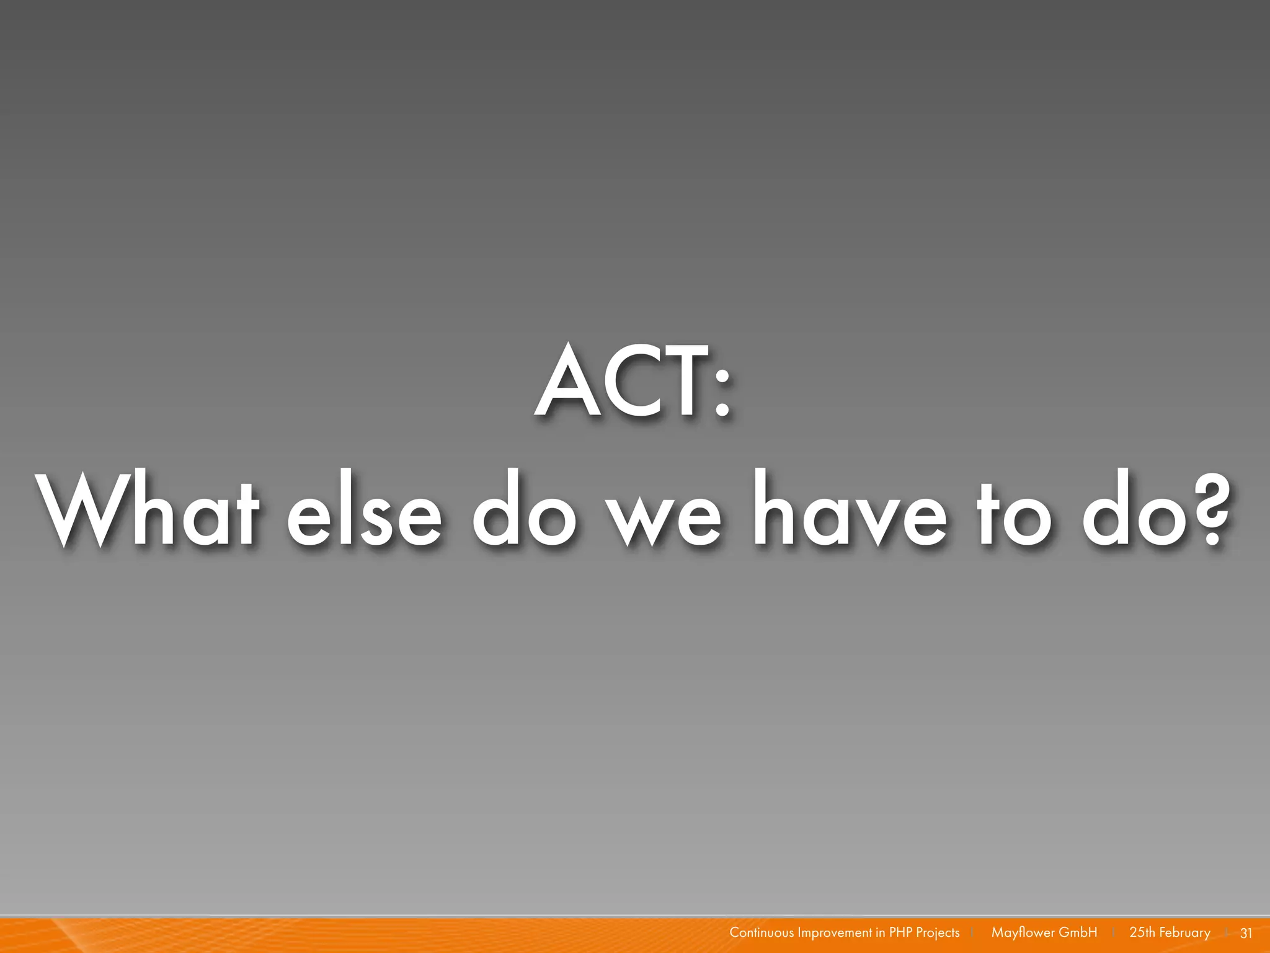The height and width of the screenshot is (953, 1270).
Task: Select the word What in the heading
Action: coord(148,512)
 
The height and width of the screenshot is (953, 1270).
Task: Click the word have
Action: coord(850,512)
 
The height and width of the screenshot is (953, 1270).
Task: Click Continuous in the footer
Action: coord(762,933)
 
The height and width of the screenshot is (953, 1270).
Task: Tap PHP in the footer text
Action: coord(901,933)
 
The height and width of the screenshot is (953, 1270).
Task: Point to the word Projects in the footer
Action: coord(938,933)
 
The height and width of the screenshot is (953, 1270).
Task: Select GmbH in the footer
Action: coord(1078,933)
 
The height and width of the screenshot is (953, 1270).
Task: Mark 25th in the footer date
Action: coord(1142,933)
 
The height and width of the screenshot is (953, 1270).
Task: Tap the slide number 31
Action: coord(1246,933)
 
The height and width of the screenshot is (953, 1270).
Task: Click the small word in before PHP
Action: coord(881,933)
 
